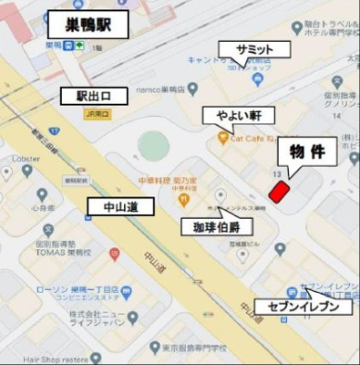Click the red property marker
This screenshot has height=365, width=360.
279,191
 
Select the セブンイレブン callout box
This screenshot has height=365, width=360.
303,307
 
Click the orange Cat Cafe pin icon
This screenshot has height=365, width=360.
222,138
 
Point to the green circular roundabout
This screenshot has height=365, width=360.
153,144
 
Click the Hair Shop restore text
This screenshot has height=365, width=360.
36,359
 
